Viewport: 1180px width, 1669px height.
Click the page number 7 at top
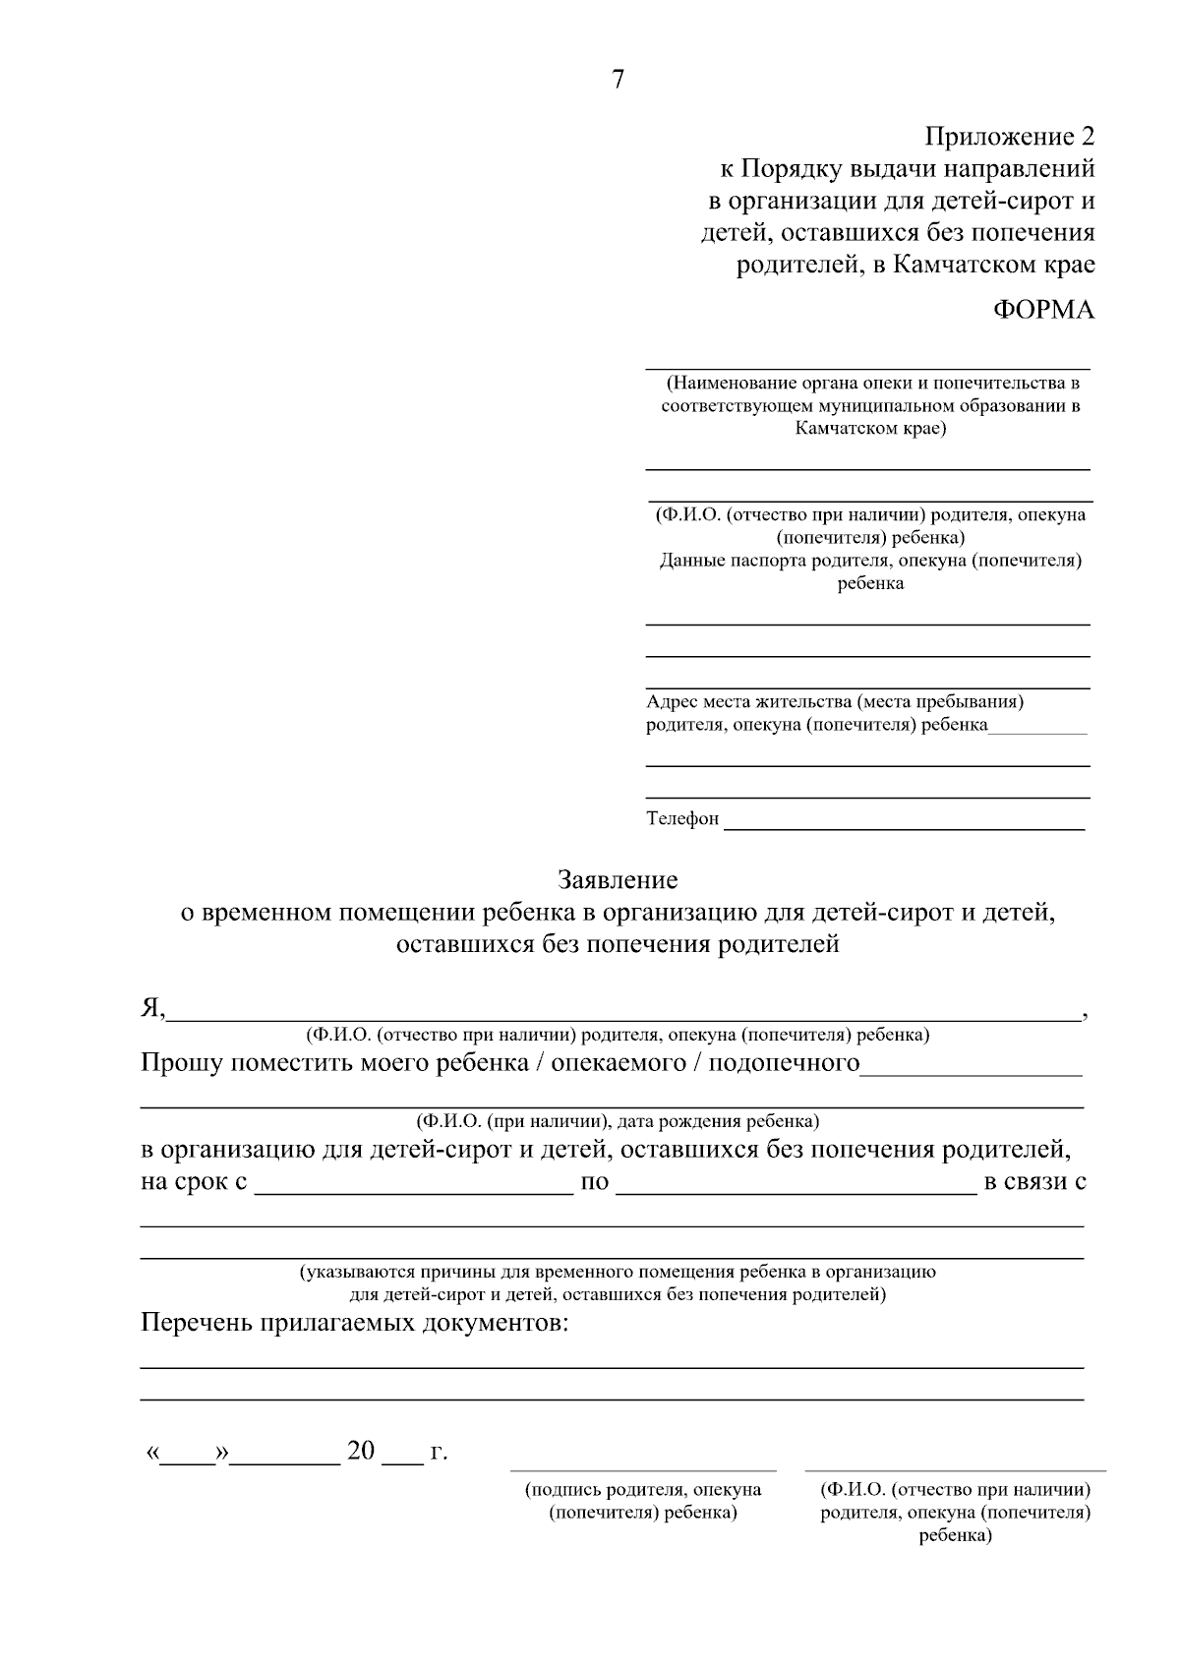(x=618, y=81)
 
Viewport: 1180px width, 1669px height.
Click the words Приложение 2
(x=1009, y=136)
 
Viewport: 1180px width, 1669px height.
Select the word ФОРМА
(x=1043, y=310)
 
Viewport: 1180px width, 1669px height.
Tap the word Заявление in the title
(x=618, y=878)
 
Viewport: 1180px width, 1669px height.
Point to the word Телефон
(x=681, y=818)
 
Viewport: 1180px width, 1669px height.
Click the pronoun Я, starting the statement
(x=152, y=1009)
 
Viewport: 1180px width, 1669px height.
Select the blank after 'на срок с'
(x=413, y=1188)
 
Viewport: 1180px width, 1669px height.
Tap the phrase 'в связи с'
(x=1034, y=1181)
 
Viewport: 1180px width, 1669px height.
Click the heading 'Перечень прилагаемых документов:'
(x=355, y=1323)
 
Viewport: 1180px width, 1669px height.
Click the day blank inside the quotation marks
(x=187, y=1458)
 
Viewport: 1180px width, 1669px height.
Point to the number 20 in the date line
(x=361, y=1451)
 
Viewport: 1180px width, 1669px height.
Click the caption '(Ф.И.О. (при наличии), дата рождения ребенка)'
(x=618, y=1121)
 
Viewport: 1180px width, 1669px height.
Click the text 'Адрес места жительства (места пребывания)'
(x=835, y=702)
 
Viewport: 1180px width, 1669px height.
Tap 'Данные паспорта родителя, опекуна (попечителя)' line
(x=869, y=561)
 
